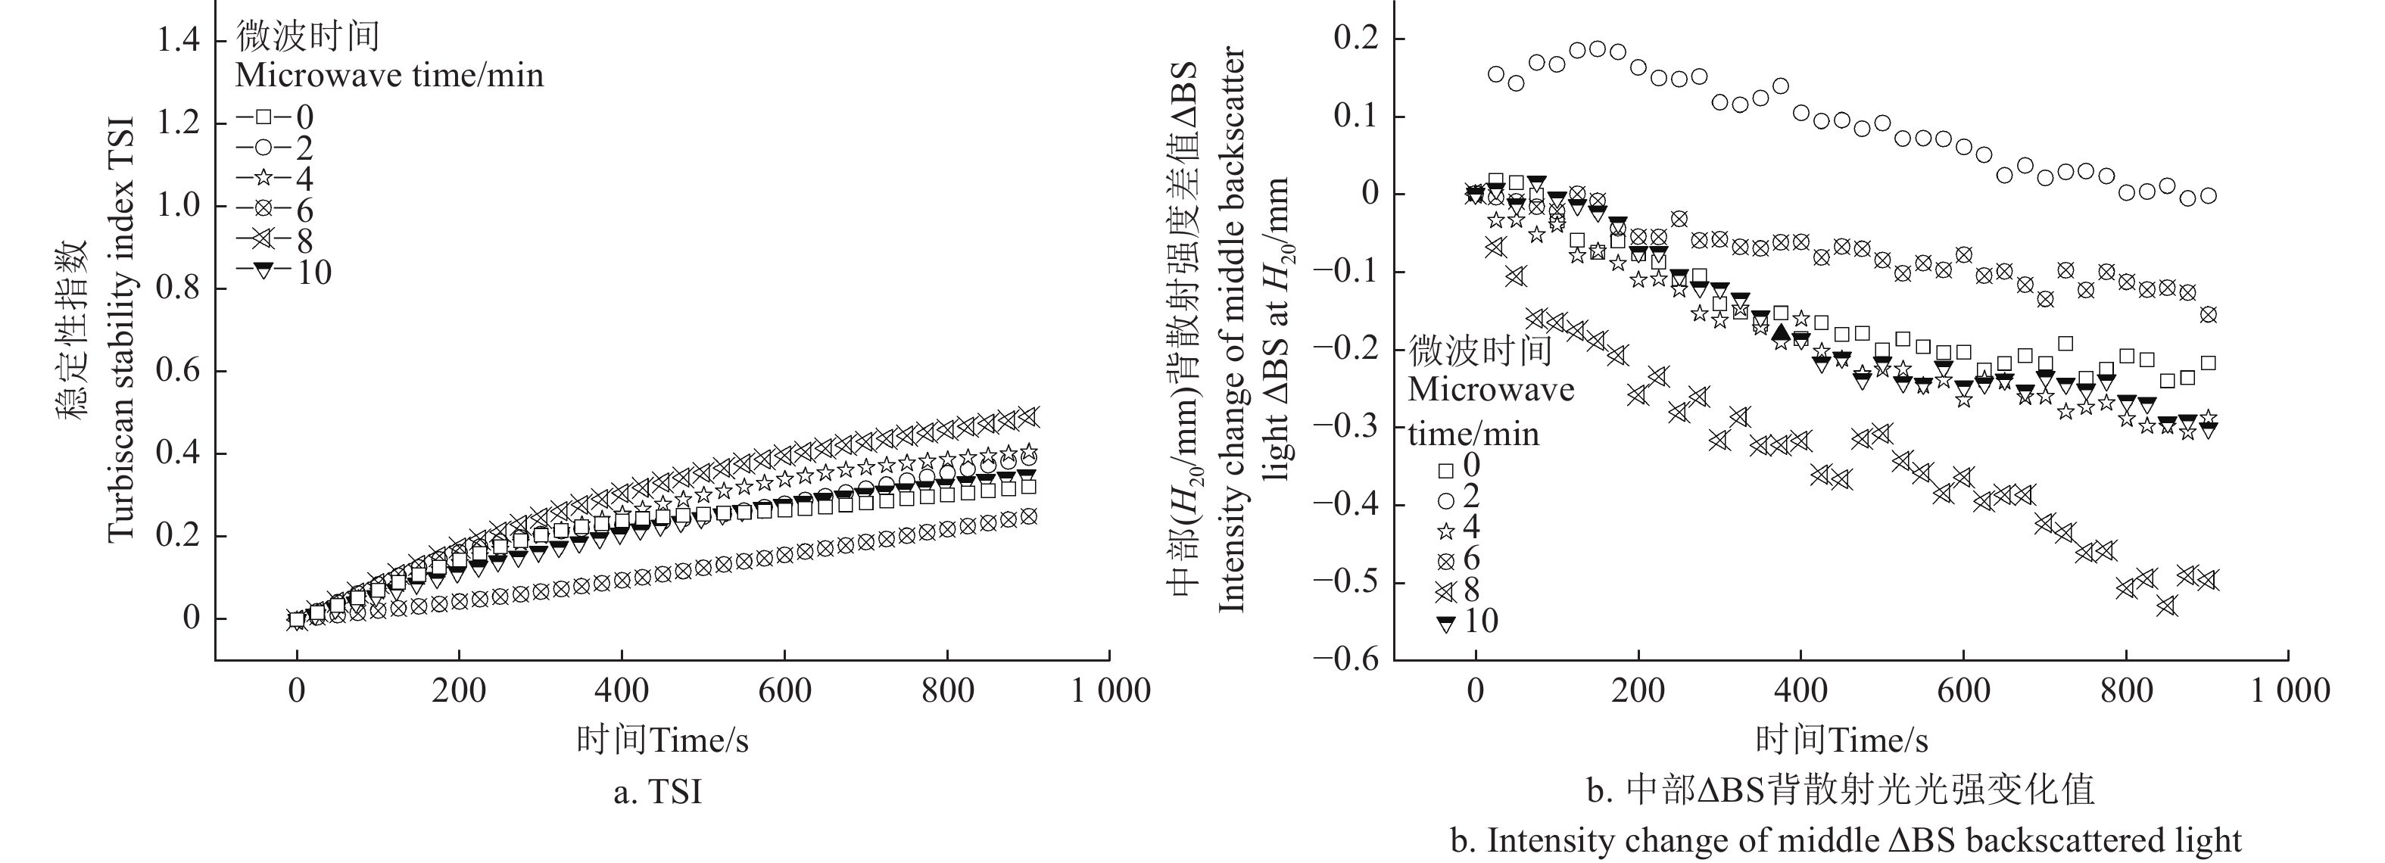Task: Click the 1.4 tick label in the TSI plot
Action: tap(177, 41)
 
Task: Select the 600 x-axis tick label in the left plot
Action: tap(784, 690)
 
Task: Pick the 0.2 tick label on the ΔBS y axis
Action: tap(1355, 39)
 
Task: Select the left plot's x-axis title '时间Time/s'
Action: tap(662, 740)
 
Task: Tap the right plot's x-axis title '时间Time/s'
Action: tap(1841, 740)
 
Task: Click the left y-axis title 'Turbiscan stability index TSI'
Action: tap(121, 329)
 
